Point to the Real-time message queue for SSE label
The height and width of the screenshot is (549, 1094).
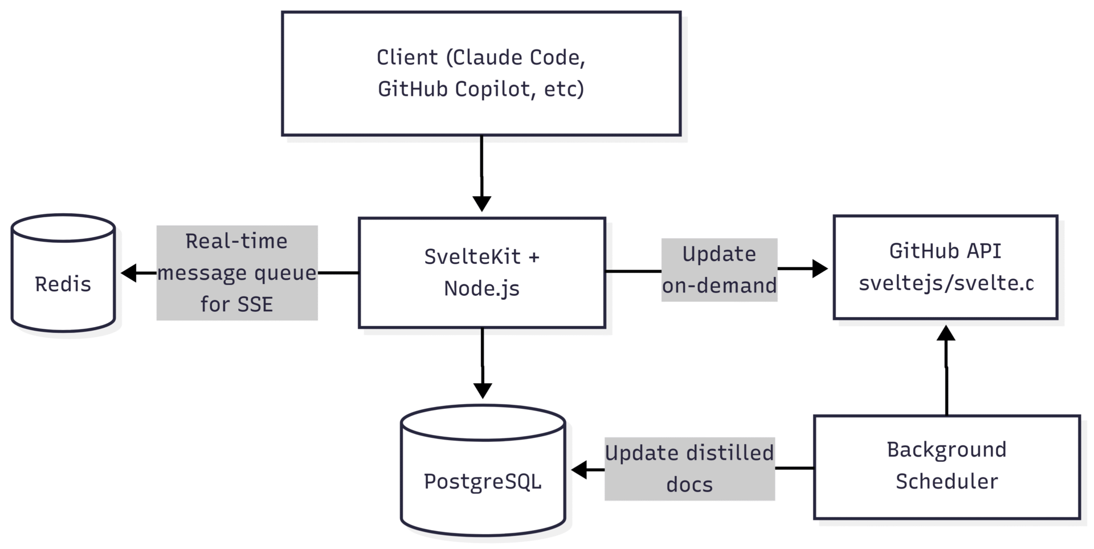point(236,273)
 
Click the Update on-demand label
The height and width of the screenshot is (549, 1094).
point(719,270)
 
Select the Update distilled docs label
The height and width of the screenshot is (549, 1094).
point(689,469)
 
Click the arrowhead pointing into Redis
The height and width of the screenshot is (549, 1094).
point(129,273)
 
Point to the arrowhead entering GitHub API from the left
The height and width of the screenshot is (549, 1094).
point(819,269)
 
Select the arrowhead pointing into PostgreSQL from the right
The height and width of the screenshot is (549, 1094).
point(579,470)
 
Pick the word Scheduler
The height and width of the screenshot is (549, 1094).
point(946,482)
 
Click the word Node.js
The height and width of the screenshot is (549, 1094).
point(481,288)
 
